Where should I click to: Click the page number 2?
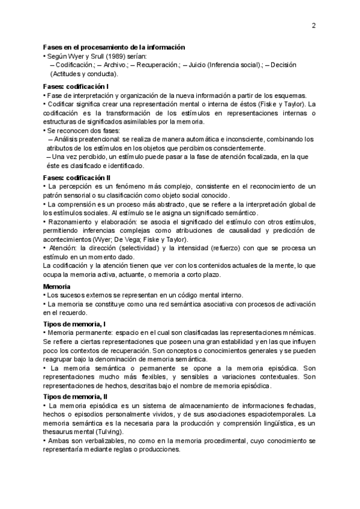point(314,25)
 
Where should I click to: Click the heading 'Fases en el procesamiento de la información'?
point(113,47)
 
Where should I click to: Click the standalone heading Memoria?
point(56,286)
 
